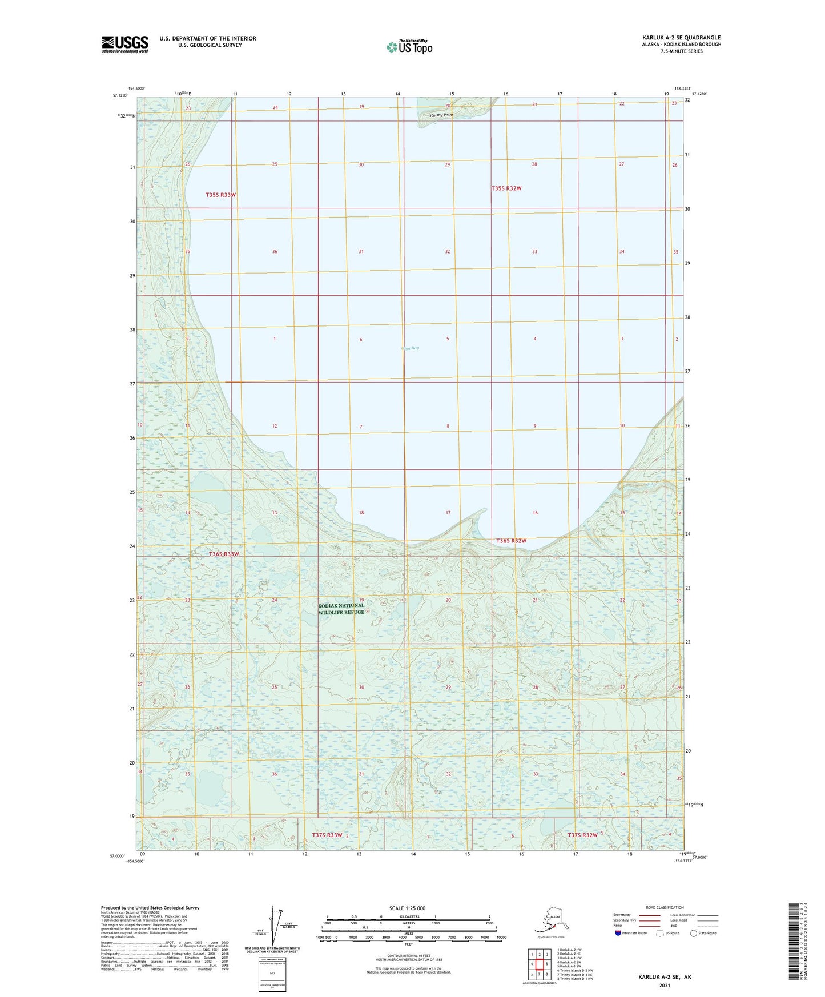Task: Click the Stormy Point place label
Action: click(x=441, y=115)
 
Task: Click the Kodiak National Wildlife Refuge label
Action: click(x=341, y=609)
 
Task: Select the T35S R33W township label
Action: click(x=221, y=195)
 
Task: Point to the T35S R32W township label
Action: click(x=506, y=188)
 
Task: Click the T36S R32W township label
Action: click(x=511, y=540)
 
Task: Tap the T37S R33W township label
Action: click(x=327, y=835)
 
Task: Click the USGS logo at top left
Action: click(x=125, y=44)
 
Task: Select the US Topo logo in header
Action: click(x=409, y=46)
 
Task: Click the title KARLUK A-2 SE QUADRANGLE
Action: click(x=681, y=38)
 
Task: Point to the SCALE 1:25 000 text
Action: click(x=407, y=908)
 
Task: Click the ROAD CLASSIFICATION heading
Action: click(x=665, y=907)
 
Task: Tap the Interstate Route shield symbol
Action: click(x=618, y=933)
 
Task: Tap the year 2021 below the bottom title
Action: click(x=665, y=985)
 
